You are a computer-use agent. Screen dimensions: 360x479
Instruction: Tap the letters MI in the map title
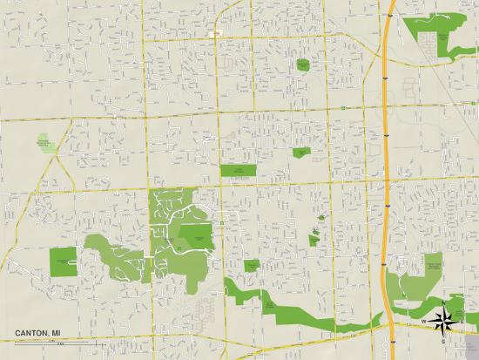tap(55, 333)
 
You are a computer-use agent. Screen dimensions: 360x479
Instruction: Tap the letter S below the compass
tap(443, 339)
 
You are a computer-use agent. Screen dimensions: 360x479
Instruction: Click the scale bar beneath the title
tap(35, 342)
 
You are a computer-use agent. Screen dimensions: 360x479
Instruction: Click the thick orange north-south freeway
tap(386, 174)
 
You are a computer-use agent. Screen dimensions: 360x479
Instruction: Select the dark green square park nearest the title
tap(63, 262)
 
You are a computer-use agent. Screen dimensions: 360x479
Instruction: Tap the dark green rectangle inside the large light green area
tap(195, 233)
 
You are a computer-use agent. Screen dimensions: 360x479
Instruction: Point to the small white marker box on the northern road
tap(213, 33)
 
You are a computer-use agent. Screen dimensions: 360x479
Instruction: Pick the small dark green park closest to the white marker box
tap(302, 65)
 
